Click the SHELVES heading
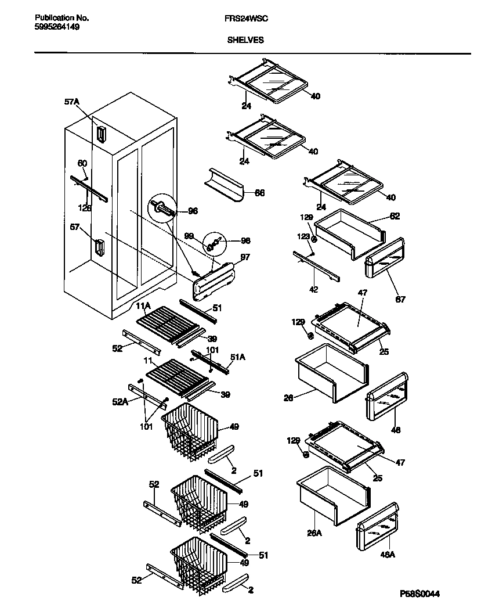tap(245, 40)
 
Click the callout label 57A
tap(71, 102)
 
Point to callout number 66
tap(259, 193)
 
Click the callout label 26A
tap(314, 533)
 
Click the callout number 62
tap(395, 216)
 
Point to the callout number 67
tap(400, 300)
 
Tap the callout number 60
tap(82, 164)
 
